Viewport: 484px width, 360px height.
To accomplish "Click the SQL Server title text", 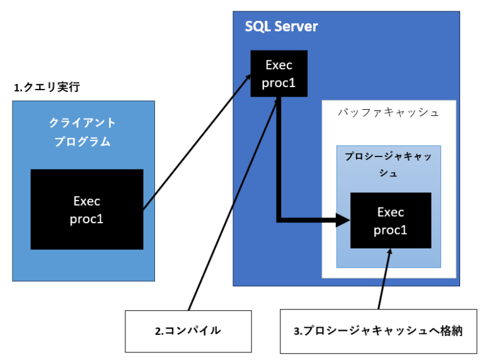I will (281, 27).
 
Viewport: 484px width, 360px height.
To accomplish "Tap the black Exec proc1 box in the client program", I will (86, 209).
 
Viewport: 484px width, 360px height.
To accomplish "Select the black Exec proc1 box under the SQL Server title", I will (279, 74).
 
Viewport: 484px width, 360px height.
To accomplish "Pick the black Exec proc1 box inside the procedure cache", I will (390, 221).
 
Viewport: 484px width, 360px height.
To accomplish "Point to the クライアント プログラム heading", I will (83, 132).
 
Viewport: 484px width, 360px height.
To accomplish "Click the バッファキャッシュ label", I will (388, 113).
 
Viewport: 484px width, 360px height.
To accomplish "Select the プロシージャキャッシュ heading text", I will (388, 164).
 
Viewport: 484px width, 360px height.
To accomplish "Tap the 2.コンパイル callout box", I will (188, 331).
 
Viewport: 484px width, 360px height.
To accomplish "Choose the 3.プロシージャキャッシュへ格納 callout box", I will (378, 331).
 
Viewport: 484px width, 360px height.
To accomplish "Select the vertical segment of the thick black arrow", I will (279, 158).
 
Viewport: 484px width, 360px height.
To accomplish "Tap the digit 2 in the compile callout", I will (159, 331).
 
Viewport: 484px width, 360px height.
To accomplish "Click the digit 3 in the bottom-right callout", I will (297, 331).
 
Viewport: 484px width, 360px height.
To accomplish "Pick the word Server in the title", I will (296, 27).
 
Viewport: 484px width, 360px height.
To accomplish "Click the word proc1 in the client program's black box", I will (86, 219).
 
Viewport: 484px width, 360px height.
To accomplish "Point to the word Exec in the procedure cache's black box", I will (390, 212).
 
